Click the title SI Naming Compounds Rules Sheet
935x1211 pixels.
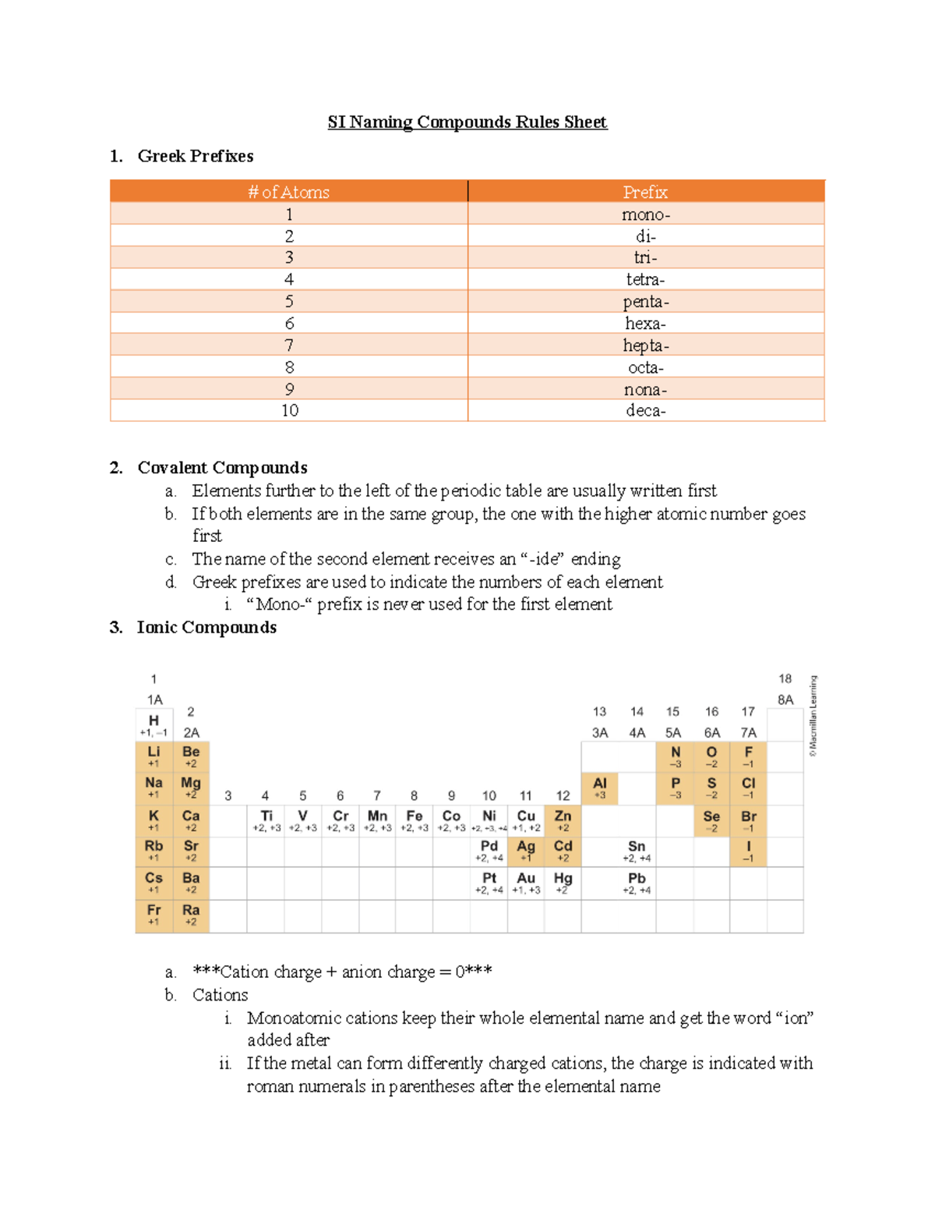(467, 122)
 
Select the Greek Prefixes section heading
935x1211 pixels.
(195, 156)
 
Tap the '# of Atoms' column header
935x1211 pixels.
(289, 192)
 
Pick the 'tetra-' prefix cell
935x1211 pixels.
(645, 279)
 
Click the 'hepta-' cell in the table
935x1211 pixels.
(645, 345)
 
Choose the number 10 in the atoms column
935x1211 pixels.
(289, 410)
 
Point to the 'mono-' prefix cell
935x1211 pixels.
(645, 214)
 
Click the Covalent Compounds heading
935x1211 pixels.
(222, 468)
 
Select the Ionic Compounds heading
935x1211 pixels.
(206, 628)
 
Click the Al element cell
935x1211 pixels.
(599, 788)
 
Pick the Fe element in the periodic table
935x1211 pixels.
(414, 820)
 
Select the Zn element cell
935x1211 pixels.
(563, 820)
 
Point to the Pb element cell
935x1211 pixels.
(637, 883)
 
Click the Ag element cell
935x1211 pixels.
(526, 851)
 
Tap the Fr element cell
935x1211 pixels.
(153, 914)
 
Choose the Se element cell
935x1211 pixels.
(711, 820)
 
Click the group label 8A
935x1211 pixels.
(785, 700)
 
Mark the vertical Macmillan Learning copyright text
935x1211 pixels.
(813, 716)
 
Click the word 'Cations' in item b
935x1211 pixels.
(221, 995)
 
